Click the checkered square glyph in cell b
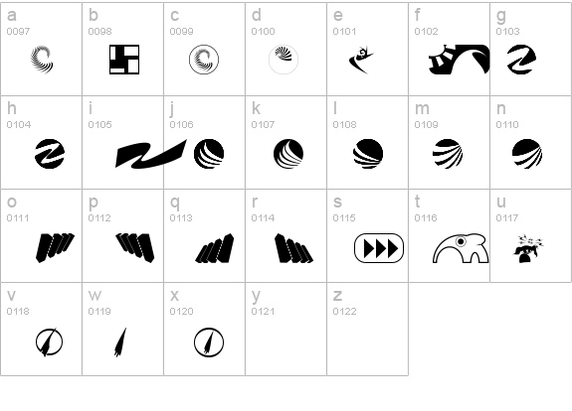click(124, 60)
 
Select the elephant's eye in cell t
click(461, 241)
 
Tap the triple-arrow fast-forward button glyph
click(379, 248)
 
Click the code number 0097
click(18, 32)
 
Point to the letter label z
click(337, 295)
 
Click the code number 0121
click(263, 312)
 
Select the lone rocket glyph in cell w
click(120, 342)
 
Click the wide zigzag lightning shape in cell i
click(150, 154)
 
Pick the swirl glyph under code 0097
click(42, 60)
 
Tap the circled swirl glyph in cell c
click(204, 60)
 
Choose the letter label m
click(422, 108)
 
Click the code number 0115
click(344, 218)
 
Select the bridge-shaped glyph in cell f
click(459, 60)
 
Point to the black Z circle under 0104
click(50, 154)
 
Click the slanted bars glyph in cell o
click(55, 248)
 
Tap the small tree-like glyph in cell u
click(528, 248)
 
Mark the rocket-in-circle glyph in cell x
click(209, 342)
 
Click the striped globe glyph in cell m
click(448, 154)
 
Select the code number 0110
click(507, 124)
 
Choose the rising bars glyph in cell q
click(215, 248)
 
